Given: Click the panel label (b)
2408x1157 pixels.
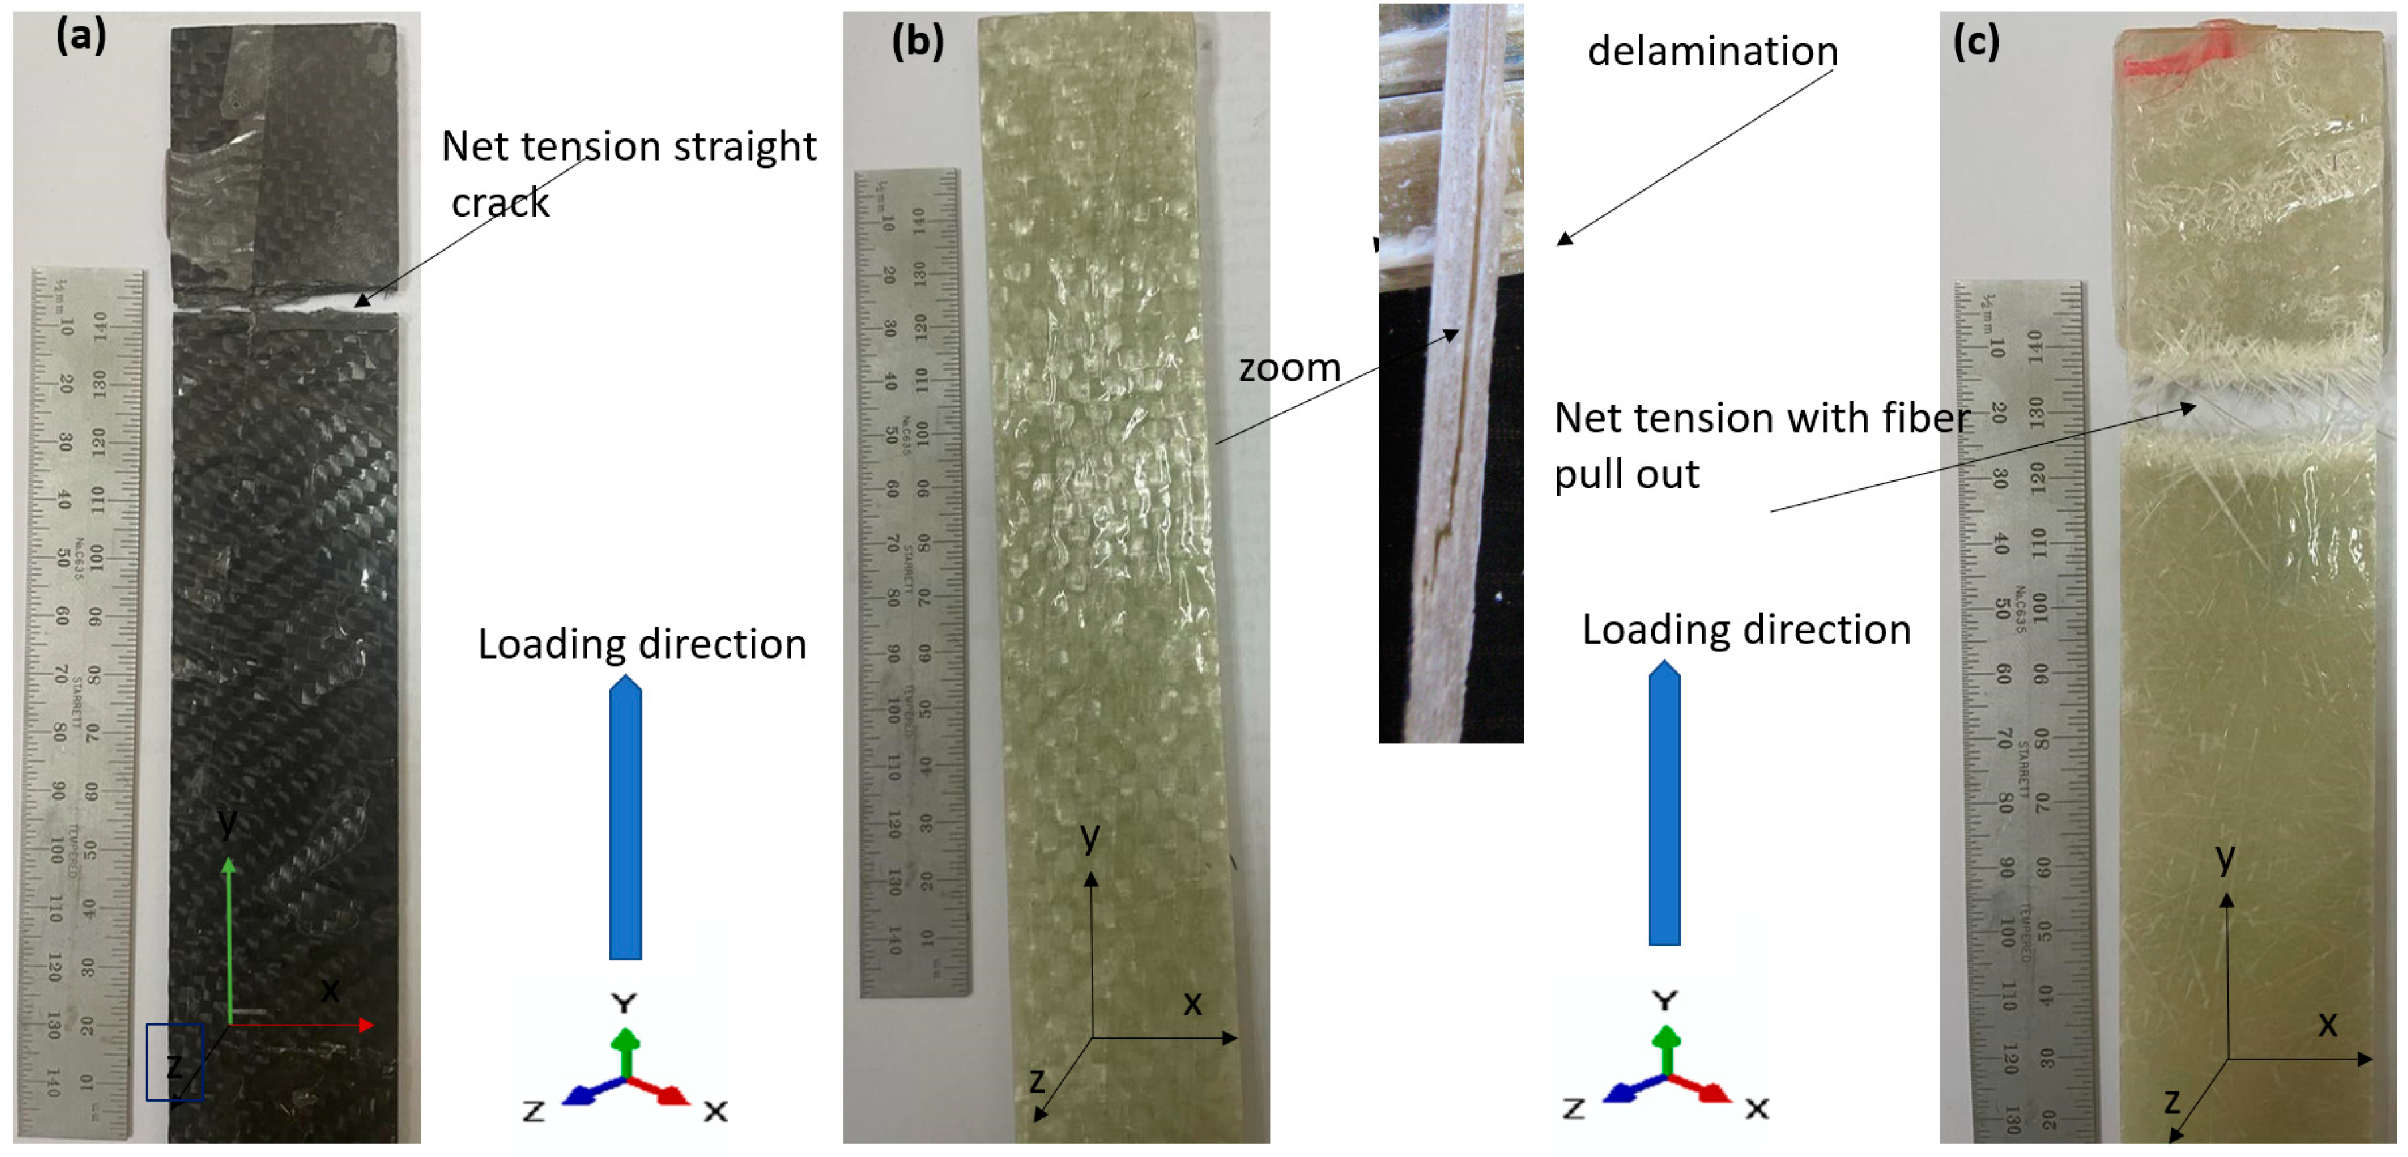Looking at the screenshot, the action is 917,41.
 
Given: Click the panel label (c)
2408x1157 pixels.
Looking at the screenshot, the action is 1976,41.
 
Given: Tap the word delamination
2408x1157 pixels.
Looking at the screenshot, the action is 1712,51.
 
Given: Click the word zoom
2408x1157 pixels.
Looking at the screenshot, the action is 1290,368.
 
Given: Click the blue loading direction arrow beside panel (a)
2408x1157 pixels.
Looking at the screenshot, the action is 625,818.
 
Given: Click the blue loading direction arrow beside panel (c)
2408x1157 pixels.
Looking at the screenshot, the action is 1664,803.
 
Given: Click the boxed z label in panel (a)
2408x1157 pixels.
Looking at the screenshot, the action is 174,1063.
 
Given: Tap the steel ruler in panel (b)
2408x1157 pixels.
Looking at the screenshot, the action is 912,579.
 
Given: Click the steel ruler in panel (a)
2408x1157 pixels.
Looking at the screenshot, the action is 80,701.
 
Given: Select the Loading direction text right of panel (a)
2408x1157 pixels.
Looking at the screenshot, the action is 642,644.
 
